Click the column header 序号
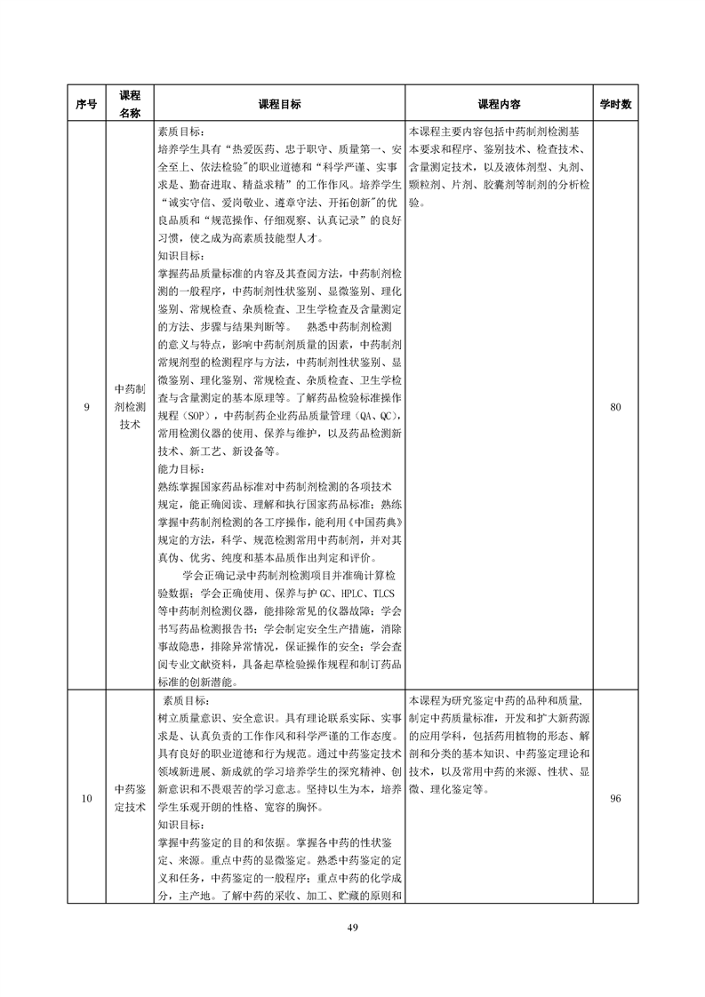(86, 104)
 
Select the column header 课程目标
(279, 104)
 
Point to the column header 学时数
(615, 104)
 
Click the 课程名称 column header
(130, 104)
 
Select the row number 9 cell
(86, 407)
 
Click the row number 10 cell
(86, 798)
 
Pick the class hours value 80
(615, 407)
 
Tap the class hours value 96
(615, 798)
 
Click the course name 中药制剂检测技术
(130, 407)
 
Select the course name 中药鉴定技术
(130, 798)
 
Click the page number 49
(352, 928)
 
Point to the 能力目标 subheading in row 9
(180, 468)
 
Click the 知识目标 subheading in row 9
(180, 256)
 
